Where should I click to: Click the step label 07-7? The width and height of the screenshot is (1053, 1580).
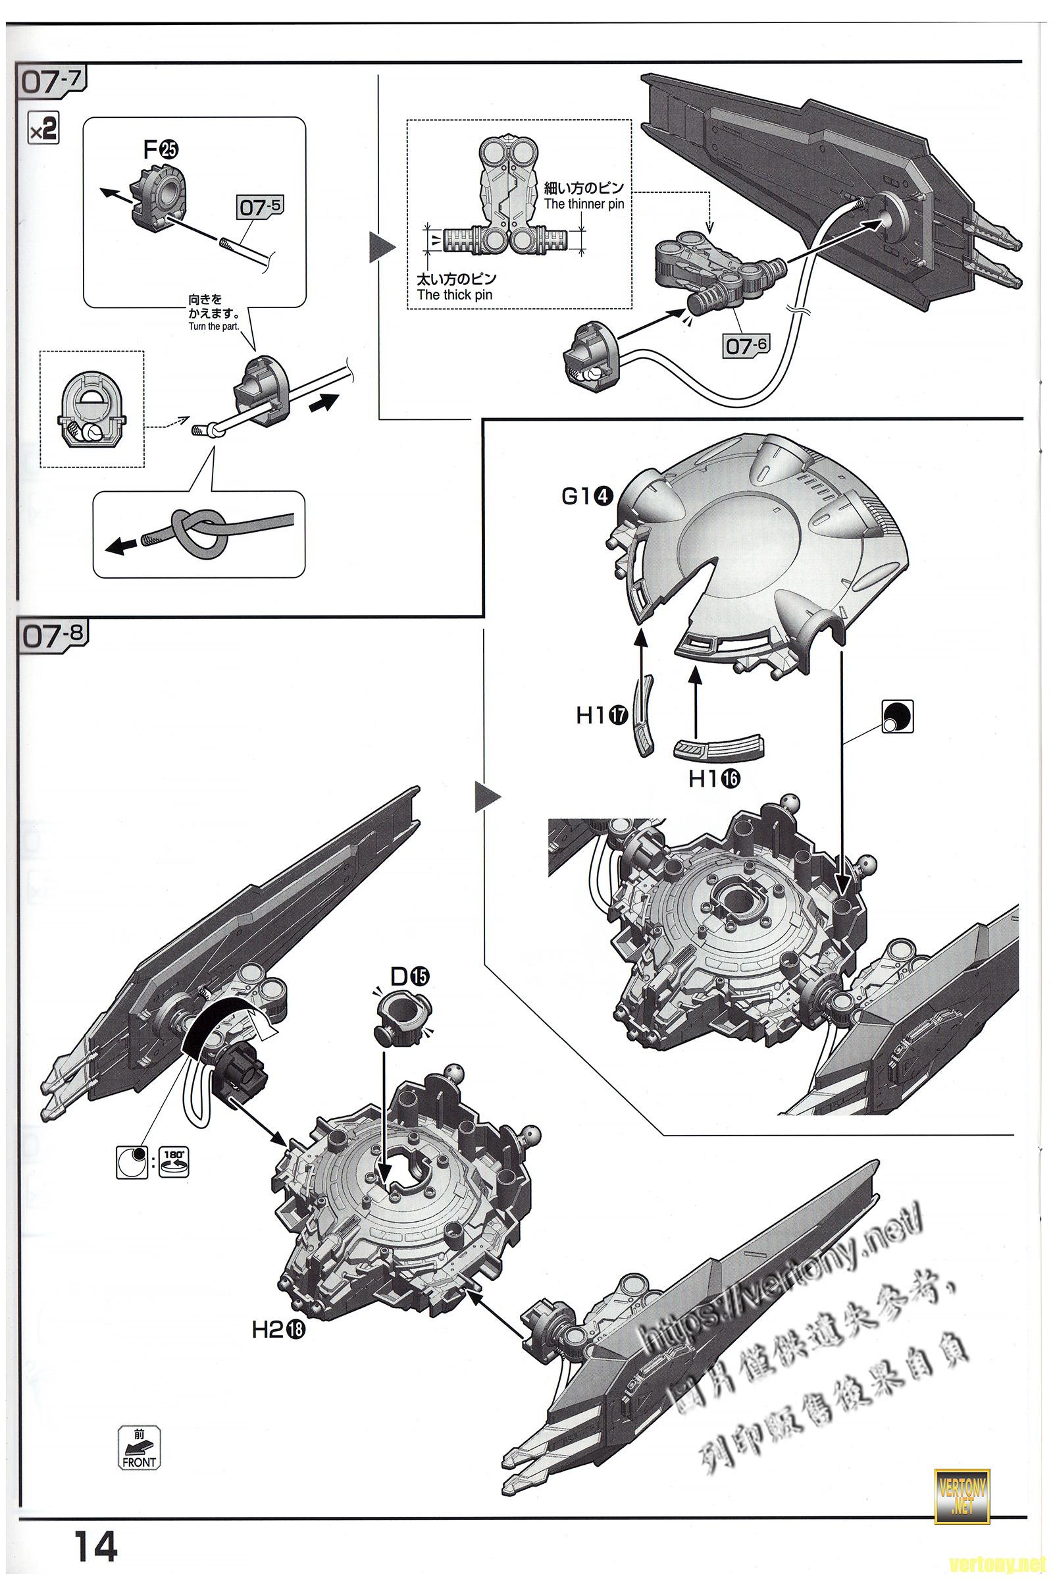coord(51,81)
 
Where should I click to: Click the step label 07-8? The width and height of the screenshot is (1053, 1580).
coord(51,635)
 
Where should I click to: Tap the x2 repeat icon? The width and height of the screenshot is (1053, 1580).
coord(43,129)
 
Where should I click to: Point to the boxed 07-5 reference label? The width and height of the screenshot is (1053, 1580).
coord(260,207)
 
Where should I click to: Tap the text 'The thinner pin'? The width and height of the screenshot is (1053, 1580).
coord(584,204)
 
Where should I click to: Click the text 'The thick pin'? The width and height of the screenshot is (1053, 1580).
coord(454,295)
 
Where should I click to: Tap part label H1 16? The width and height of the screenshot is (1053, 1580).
coord(713,779)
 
